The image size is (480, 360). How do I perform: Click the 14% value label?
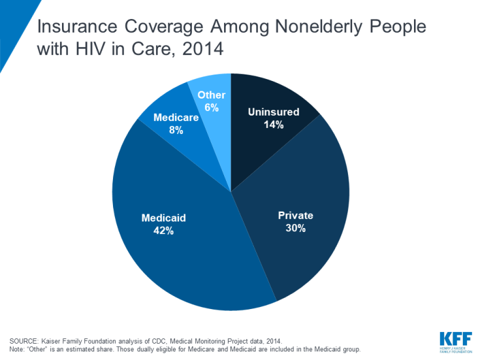click(274, 124)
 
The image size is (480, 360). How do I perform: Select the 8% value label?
click(175, 130)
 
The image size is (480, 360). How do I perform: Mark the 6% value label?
click(211, 107)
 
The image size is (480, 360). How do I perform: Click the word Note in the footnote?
click(17, 350)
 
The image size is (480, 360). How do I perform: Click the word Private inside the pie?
click(296, 216)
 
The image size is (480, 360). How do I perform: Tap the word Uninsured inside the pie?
click(274, 112)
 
